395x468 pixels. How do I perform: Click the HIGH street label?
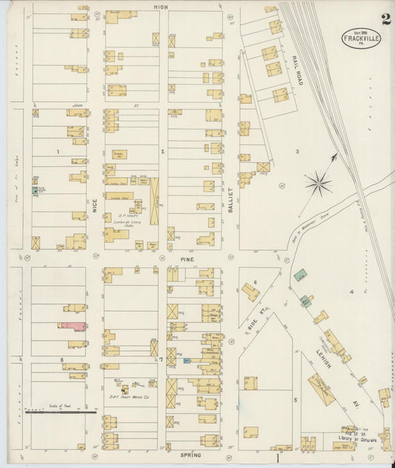point(161,6)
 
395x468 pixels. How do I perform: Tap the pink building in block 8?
point(73,325)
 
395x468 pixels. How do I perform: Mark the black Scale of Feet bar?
point(59,409)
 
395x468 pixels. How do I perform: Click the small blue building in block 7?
point(187,361)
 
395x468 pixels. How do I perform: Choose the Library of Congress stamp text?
point(354,437)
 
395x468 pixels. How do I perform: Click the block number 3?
point(297,151)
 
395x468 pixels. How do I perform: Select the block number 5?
point(294,400)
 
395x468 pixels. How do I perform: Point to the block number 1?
point(56,151)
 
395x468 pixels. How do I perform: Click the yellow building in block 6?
point(250,292)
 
